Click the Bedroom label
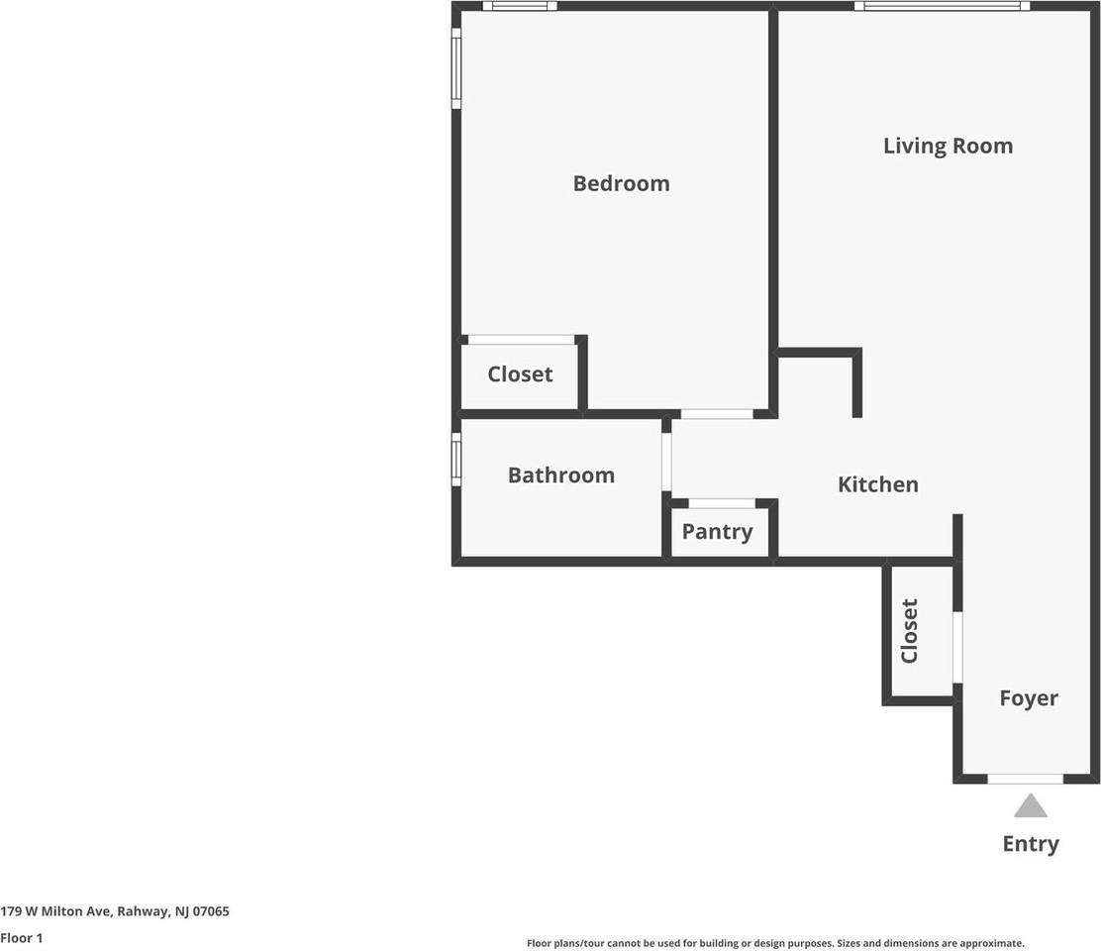click(x=621, y=183)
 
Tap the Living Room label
click(x=948, y=146)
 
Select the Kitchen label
click(x=877, y=484)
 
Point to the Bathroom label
click(x=560, y=475)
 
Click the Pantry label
click(x=717, y=531)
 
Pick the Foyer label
click(x=1028, y=698)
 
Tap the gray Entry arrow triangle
click(x=1031, y=806)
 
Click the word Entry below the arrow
click(x=1031, y=844)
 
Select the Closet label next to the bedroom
click(x=520, y=374)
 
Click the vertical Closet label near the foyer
click(x=909, y=631)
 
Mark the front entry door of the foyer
click(x=1026, y=779)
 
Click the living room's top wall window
click(x=942, y=6)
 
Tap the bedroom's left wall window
click(x=456, y=67)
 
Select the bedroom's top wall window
click(x=520, y=6)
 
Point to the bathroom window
click(x=456, y=459)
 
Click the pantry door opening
click(x=722, y=503)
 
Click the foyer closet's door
click(x=957, y=648)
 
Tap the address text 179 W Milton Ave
click(x=115, y=911)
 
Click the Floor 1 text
click(x=22, y=937)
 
